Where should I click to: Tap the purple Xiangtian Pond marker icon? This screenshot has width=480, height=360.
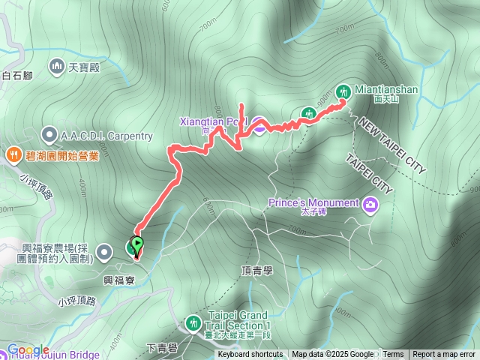pyautogui.click(x=258, y=125)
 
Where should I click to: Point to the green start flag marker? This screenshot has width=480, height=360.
pyautogui.click(x=137, y=244)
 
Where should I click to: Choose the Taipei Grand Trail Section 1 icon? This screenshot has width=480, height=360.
pyautogui.click(x=194, y=323)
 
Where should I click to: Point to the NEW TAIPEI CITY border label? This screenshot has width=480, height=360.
pyautogui.click(x=391, y=145)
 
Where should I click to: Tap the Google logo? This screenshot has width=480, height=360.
pyautogui.click(x=28, y=350)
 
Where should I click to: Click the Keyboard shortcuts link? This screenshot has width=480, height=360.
pyautogui.click(x=250, y=355)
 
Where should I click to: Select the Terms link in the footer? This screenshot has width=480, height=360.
pyautogui.click(x=393, y=355)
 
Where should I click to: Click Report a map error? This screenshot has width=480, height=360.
pyautogui.click(x=443, y=355)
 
